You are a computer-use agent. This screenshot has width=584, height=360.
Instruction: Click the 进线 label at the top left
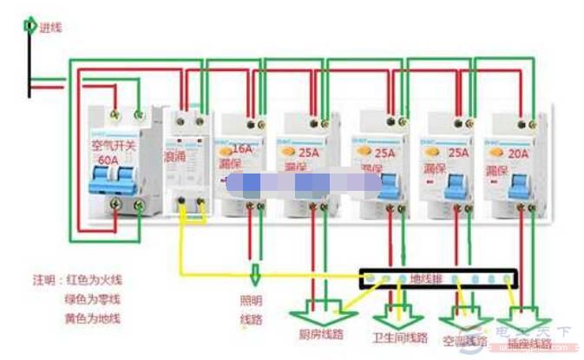coord(51,27)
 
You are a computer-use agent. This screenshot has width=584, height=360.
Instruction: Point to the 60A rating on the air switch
coord(108,160)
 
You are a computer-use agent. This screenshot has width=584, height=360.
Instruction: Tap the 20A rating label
coord(519,150)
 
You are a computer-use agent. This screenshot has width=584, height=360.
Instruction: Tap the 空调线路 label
coord(467,341)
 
